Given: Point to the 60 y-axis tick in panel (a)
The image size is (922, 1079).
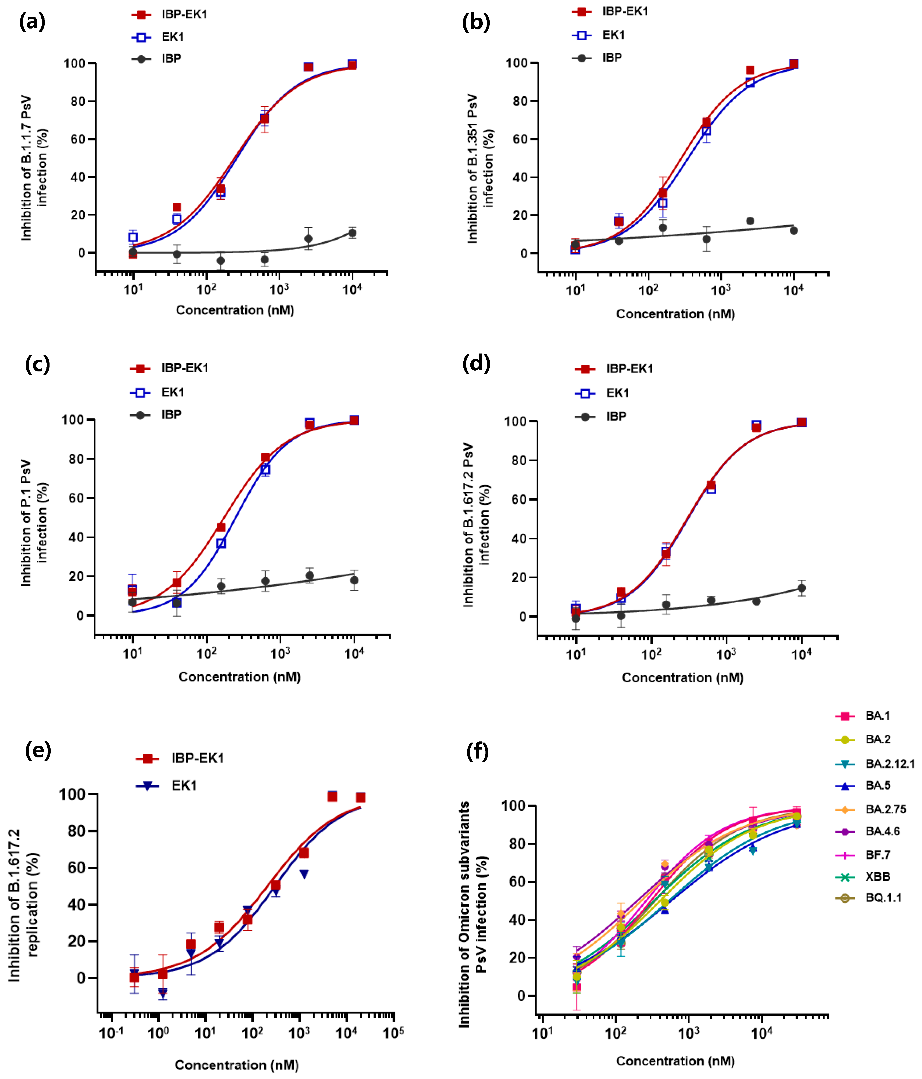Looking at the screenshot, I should tap(78, 139).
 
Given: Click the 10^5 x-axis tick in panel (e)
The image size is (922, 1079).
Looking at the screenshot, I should tap(393, 1033).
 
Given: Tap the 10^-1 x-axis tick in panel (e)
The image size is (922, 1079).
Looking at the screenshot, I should tap(111, 1033).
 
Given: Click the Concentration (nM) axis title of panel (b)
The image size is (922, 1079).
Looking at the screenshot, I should tap(675, 314).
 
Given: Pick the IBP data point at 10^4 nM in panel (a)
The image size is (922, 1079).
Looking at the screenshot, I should tap(353, 233).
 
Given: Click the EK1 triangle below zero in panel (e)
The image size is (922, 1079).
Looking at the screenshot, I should tap(163, 993).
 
